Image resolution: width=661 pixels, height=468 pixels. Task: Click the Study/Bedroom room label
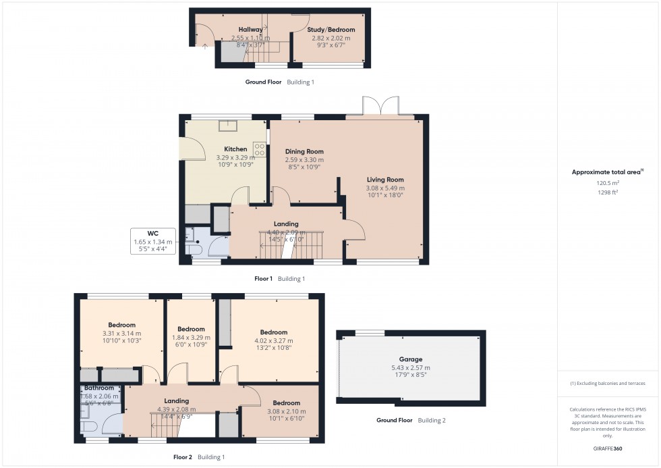[x=330, y=30]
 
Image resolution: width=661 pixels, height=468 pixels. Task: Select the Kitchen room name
[x=235, y=149]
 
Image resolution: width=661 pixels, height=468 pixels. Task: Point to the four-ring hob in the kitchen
[x=259, y=149]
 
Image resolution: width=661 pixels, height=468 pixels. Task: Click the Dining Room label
[x=304, y=151]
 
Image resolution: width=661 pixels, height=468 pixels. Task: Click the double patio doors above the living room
[x=381, y=107]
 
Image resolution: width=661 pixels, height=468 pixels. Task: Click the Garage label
[x=410, y=359]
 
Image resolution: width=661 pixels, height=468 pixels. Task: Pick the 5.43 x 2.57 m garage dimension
[x=410, y=368]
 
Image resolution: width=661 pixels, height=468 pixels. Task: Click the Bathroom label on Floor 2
[x=99, y=388]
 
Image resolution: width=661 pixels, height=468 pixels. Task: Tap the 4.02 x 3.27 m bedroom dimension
[x=274, y=340]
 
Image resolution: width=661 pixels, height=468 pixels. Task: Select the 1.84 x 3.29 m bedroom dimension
[x=191, y=338]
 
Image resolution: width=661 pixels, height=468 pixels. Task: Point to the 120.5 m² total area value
[x=608, y=182]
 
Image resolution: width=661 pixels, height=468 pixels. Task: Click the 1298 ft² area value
[x=608, y=192]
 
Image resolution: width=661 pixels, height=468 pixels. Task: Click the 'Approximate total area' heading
[x=606, y=172]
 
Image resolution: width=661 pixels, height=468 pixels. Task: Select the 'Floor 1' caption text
[x=263, y=278]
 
